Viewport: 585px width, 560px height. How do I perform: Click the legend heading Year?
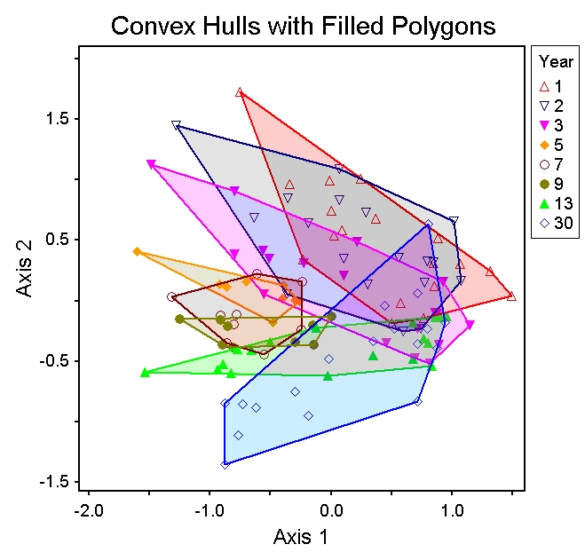point(557,62)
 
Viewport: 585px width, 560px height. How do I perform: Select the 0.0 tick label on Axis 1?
point(331,511)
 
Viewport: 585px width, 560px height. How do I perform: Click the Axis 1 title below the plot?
point(304,537)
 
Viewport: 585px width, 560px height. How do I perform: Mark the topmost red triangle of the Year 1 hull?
point(240,92)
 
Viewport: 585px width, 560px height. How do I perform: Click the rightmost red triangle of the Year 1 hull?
point(511,296)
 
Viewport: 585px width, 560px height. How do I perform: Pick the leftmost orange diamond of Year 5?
point(137,252)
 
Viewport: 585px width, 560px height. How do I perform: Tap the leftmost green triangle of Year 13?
point(145,373)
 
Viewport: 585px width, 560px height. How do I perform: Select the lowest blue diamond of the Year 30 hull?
point(225,464)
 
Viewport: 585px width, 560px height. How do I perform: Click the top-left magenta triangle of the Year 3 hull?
point(151,164)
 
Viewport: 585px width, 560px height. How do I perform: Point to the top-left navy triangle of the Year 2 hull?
point(176,125)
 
